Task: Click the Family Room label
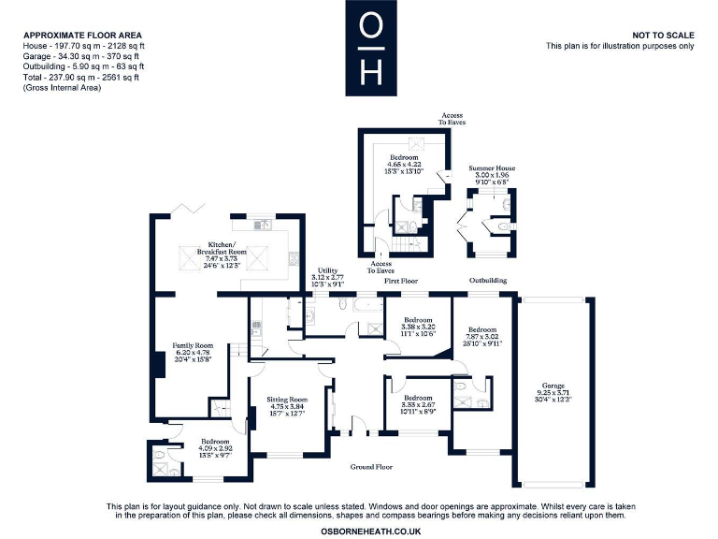[185, 351]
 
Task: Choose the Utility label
[326, 274]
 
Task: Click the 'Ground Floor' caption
[371, 466]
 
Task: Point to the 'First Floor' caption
[400, 281]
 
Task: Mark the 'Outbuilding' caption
[488, 280]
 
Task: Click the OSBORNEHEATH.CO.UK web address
[371, 531]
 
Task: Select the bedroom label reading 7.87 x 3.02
[482, 336]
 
